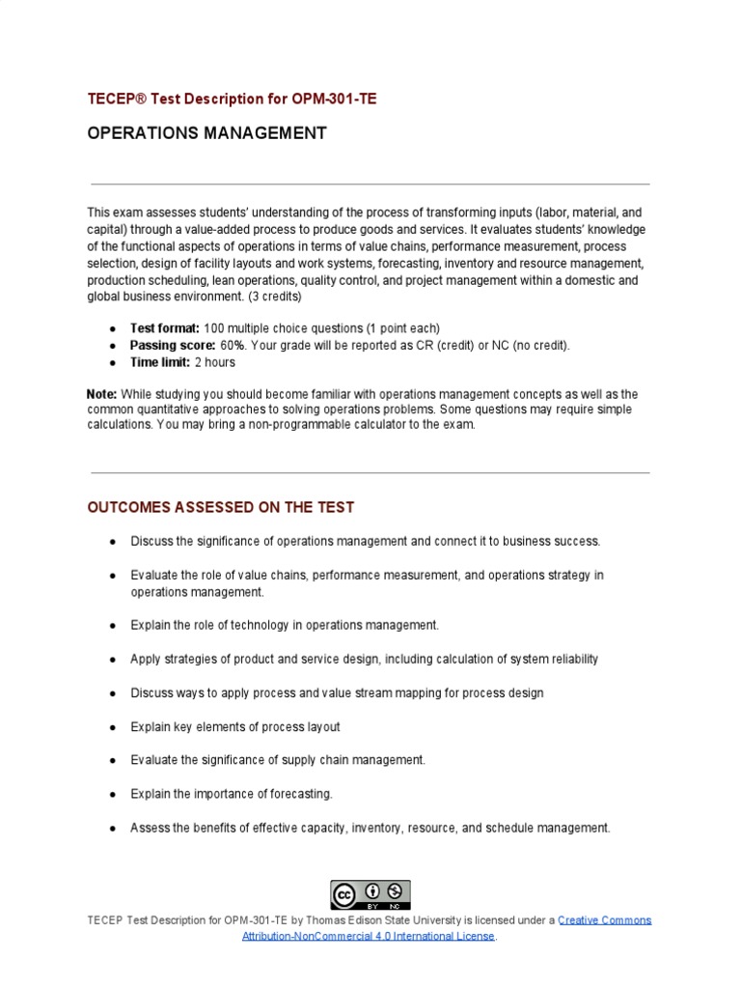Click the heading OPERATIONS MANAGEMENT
(x=206, y=133)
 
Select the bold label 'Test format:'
(x=165, y=328)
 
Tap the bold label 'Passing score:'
(x=173, y=345)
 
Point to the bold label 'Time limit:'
(x=160, y=362)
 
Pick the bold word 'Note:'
(x=101, y=394)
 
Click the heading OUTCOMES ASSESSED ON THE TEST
(x=221, y=507)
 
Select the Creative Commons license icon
(x=370, y=894)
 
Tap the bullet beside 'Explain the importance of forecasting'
(x=114, y=794)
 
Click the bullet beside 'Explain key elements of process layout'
(x=114, y=726)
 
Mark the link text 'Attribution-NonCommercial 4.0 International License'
(x=369, y=936)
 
